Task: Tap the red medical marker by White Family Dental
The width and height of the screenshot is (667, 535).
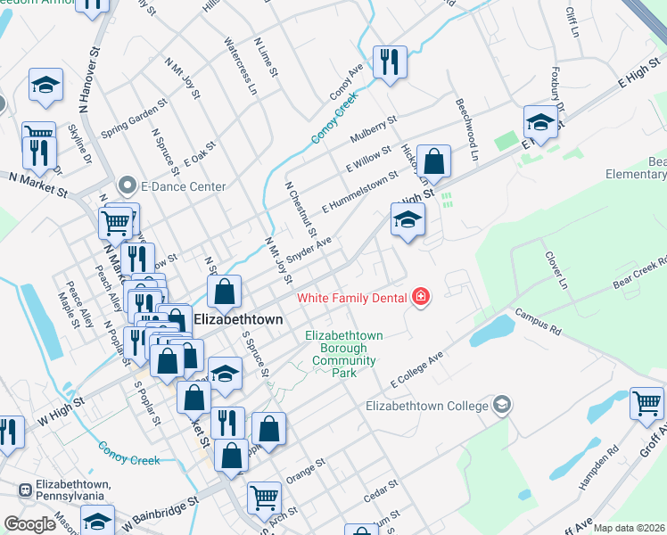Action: pyautogui.click(x=419, y=298)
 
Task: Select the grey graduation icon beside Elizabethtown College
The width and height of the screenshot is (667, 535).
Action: pyautogui.click(x=502, y=406)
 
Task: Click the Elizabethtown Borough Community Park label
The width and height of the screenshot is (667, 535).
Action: pyautogui.click(x=343, y=354)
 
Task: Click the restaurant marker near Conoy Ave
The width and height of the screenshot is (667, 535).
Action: pyautogui.click(x=390, y=62)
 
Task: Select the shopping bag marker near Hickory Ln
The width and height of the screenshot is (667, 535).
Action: pyautogui.click(x=433, y=161)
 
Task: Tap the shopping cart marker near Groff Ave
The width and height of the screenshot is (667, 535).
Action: pyautogui.click(x=647, y=403)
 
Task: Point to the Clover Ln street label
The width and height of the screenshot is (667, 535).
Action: pyautogui.click(x=556, y=268)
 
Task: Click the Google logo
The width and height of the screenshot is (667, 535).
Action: pyautogui.click(x=29, y=524)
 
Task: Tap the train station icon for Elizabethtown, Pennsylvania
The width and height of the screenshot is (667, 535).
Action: pyautogui.click(x=27, y=490)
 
